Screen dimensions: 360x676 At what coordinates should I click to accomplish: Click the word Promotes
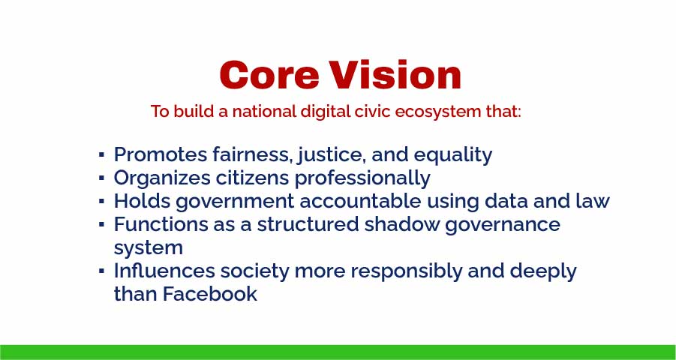click(161, 155)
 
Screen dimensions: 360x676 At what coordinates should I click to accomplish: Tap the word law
click(592, 202)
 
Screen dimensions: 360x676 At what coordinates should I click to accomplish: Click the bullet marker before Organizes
click(101, 179)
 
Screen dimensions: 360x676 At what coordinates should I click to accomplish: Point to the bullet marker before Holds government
click(101, 202)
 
